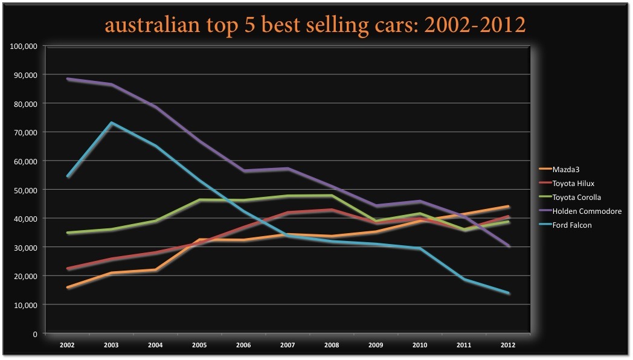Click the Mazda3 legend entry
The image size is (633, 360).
point(562,170)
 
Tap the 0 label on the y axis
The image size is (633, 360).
point(36,333)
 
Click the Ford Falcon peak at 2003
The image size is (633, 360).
point(112,123)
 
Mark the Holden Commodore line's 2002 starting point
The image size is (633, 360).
point(68,79)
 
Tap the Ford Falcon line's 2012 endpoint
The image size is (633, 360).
point(508,294)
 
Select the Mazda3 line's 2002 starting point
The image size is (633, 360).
point(68,288)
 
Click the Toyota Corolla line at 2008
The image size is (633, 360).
point(332,196)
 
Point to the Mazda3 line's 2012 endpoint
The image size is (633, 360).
point(508,207)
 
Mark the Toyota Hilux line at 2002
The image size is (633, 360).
point(68,269)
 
